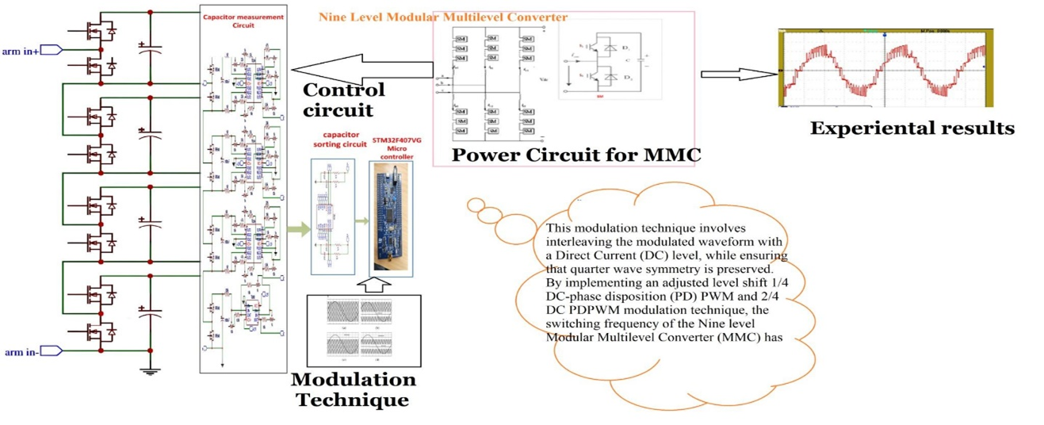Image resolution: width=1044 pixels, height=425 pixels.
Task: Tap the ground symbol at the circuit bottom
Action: pyautogui.click(x=150, y=369)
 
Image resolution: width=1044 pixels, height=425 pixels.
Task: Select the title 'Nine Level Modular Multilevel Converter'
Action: pyautogui.click(x=442, y=17)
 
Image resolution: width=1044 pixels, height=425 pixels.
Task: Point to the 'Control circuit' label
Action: pyautogui.click(x=343, y=99)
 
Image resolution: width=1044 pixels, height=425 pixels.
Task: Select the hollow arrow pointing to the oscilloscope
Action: pyautogui.click(x=736, y=75)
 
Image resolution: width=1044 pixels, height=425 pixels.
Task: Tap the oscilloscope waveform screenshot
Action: pyautogui.click(x=885, y=69)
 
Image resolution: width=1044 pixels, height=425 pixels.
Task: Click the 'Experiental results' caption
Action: pyautogui.click(x=912, y=128)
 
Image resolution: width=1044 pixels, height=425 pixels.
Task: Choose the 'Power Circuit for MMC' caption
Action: pyautogui.click(x=576, y=155)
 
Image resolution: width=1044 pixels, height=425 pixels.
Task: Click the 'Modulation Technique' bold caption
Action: pyautogui.click(x=353, y=389)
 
